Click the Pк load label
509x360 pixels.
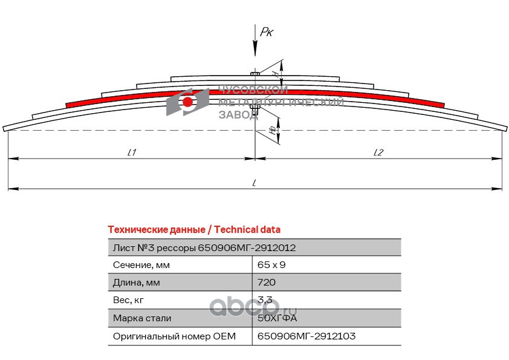(267, 32)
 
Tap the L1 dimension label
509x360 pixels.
(131, 152)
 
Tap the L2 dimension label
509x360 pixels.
(378, 152)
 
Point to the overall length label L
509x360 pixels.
(255, 182)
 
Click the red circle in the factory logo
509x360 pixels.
(187, 102)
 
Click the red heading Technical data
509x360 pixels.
(193, 229)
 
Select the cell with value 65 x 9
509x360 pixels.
(271, 265)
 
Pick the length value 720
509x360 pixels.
(267, 283)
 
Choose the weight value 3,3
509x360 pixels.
(264, 300)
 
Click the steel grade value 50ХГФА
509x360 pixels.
(277, 318)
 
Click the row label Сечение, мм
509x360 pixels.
(141, 265)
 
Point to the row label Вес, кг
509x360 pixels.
(129, 300)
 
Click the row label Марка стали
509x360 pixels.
(142, 318)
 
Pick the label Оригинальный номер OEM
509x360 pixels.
(173, 336)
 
